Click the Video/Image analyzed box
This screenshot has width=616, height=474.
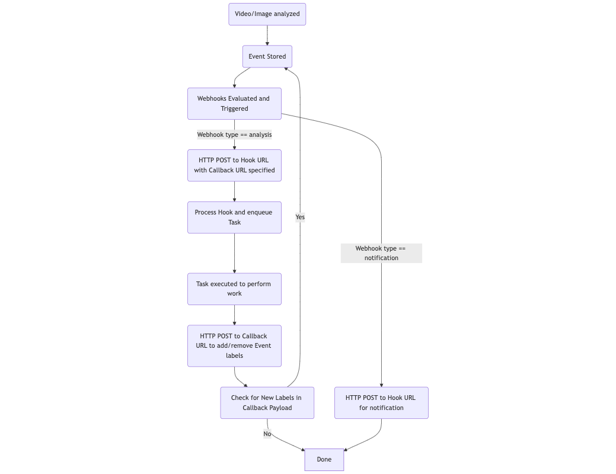(267, 14)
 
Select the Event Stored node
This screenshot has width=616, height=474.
(267, 56)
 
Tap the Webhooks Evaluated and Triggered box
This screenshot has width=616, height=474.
(234, 104)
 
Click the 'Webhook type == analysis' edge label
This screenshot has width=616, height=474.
(234, 134)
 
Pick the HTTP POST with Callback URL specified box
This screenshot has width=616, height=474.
(234, 165)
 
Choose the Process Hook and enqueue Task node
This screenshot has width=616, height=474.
(234, 217)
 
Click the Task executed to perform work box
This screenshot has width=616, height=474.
(234, 289)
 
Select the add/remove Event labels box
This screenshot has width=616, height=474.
(234, 345)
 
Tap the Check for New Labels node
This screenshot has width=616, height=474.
(267, 403)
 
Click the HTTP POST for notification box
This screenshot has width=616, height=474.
(381, 403)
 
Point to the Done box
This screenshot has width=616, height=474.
(324, 459)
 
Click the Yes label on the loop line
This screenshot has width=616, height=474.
(300, 217)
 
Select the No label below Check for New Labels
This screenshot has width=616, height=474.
(267, 434)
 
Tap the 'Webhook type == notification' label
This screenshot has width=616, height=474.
(381, 253)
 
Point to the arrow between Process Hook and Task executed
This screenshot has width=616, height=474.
(234, 254)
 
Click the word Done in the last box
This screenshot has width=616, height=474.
(324, 459)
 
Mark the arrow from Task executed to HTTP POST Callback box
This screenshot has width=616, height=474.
(234, 315)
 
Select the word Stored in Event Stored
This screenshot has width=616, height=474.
(276, 56)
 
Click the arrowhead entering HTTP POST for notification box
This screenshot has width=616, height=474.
(381, 385)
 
